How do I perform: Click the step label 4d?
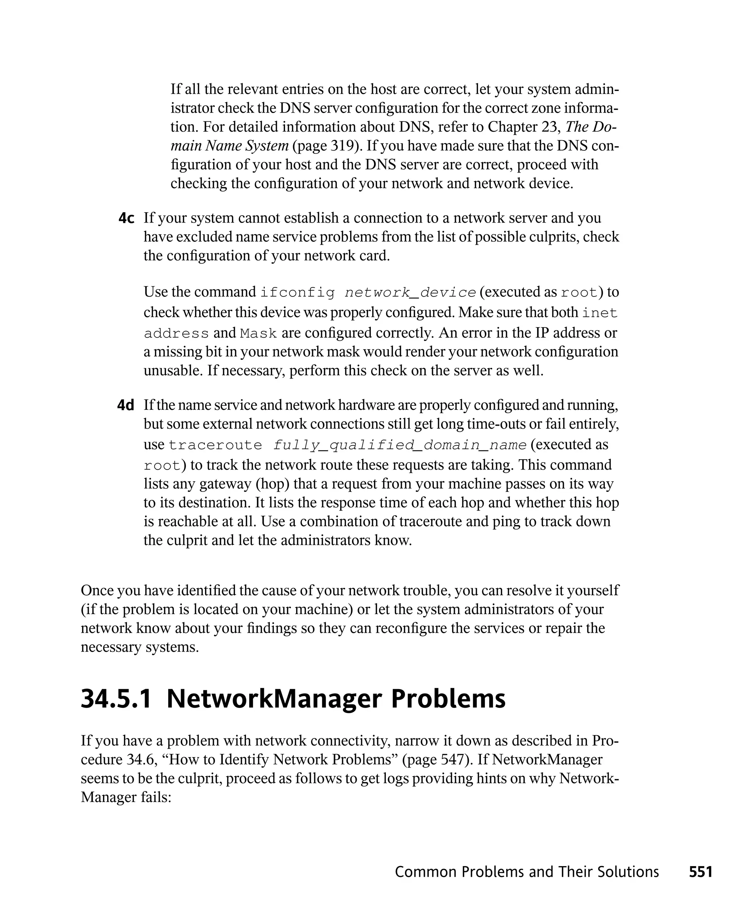click(x=126, y=406)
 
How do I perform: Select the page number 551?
click(x=700, y=872)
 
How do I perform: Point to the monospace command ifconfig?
click(x=297, y=293)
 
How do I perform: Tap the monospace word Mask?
click(x=259, y=334)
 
